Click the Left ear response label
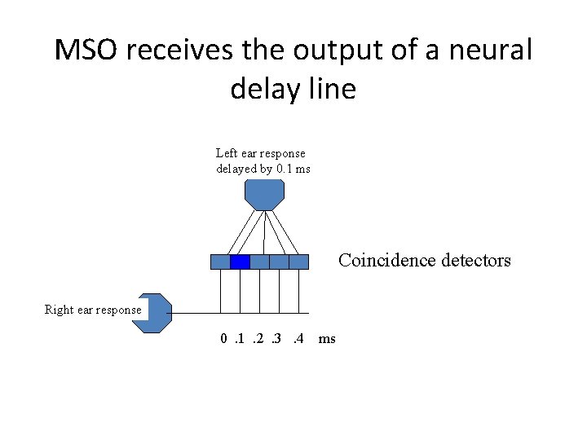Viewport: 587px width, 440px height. [x=260, y=153]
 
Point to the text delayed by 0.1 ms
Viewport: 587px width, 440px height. [x=263, y=169]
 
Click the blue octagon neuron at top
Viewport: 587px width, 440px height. [x=264, y=195]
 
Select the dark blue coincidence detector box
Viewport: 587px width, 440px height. [x=240, y=262]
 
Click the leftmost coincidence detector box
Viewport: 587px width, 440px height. [x=220, y=262]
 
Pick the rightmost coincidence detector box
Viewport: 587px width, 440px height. [x=299, y=262]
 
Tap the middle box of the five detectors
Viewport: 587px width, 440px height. [x=259, y=262]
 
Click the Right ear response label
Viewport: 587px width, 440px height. [x=93, y=310]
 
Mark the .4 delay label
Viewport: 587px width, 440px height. [x=298, y=338]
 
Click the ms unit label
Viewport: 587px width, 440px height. [x=327, y=338]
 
